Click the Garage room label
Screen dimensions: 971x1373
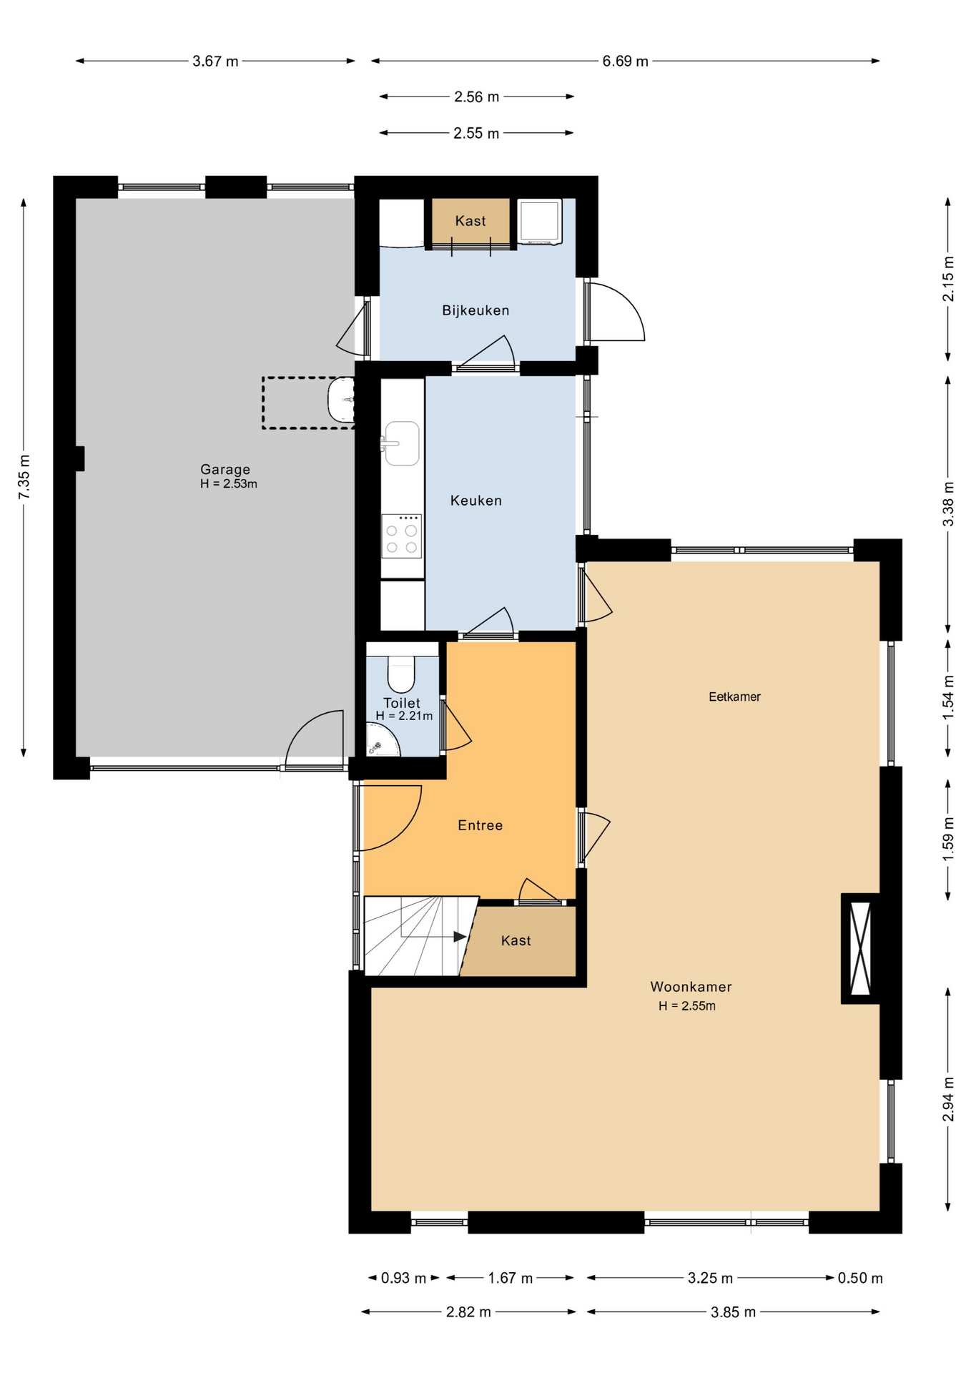(x=225, y=469)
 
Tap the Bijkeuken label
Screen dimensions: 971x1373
(x=475, y=310)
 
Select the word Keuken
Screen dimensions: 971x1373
(x=476, y=501)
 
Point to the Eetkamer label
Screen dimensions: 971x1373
(x=734, y=697)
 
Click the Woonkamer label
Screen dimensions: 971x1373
(x=691, y=987)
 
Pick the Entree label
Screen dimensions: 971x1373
(x=480, y=825)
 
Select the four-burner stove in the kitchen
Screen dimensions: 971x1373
(x=401, y=536)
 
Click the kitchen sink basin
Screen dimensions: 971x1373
(x=402, y=443)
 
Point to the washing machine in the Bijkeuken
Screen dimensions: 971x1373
(x=540, y=222)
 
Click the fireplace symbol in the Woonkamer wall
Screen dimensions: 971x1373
(x=860, y=948)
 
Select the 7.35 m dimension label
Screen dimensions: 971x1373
(x=24, y=478)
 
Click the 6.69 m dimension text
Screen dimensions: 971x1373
(x=625, y=61)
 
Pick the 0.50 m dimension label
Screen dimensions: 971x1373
(x=860, y=1278)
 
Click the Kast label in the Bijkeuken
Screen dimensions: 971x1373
(x=470, y=221)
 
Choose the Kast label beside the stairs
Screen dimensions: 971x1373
(x=516, y=940)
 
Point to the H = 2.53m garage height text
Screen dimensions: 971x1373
(x=229, y=483)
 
